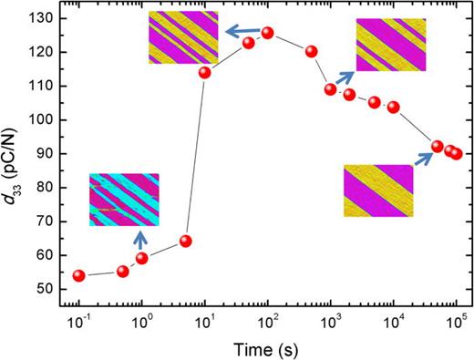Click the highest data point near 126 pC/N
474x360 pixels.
(x=268, y=33)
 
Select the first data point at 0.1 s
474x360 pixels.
(x=79, y=275)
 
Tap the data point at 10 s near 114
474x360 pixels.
(x=205, y=72)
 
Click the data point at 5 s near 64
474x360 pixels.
(x=186, y=241)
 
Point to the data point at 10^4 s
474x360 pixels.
(x=394, y=107)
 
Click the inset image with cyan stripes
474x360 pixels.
(x=124, y=200)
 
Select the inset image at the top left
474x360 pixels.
(x=184, y=37)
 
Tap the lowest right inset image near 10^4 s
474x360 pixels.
(x=378, y=190)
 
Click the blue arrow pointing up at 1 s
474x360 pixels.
(x=140, y=240)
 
